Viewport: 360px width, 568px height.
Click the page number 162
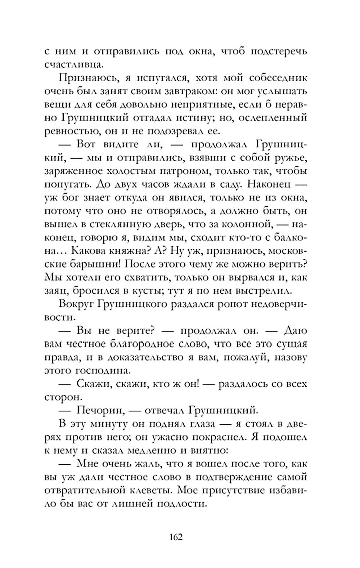pyautogui.click(x=176, y=537)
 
